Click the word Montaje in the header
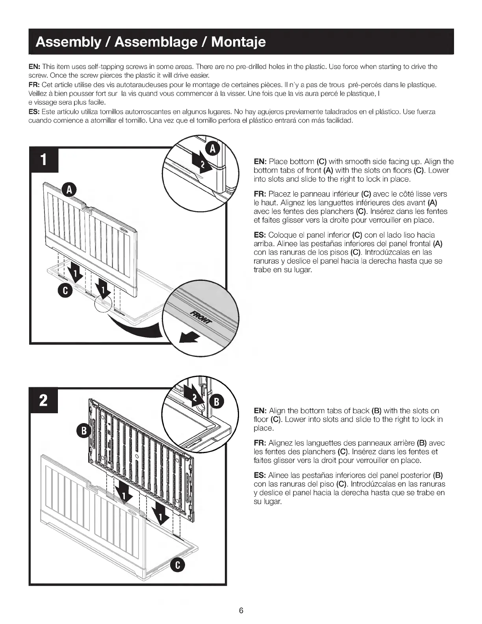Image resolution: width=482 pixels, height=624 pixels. pyautogui.click(x=239, y=42)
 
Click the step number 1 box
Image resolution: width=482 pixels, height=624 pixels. pyautogui.click(x=44, y=160)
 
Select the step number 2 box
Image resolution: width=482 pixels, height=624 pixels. pyautogui.click(x=44, y=400)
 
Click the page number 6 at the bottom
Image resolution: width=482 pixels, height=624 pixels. pyautogui.click(x=241, y=611)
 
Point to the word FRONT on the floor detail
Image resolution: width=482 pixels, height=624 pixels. pyautogui.click(x=201, y=316)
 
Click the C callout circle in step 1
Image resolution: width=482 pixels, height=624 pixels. pyautogui.click(x=65, y=291)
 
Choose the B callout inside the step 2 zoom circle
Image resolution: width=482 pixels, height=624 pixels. pyautogui.click(x=216, y=402)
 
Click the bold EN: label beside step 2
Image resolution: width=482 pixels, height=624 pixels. pyautogui.click(x=260, y=410)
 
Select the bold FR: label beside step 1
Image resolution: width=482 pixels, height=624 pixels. pyautogui.click(x=260, y=194)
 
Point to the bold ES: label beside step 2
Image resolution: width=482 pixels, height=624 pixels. pyautogui.click(x=260, y=475)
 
